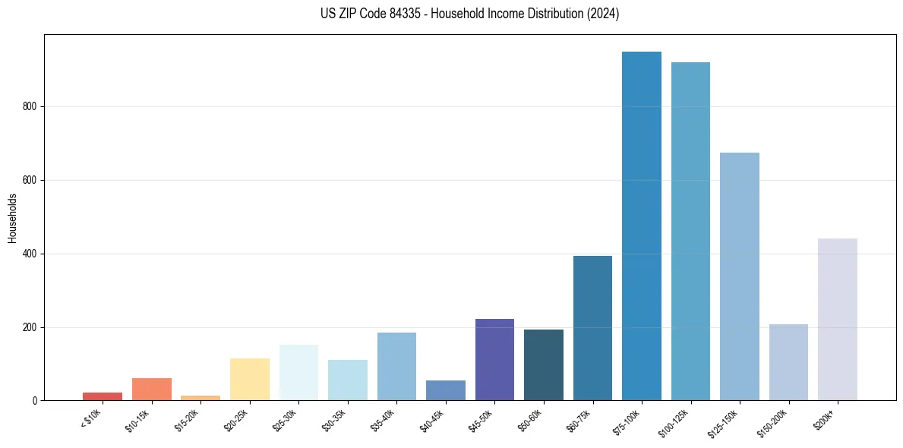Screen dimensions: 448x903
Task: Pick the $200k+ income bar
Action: [837, 320]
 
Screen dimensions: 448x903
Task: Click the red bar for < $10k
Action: [103, 396]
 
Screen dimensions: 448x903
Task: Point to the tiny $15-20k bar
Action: [200, 398]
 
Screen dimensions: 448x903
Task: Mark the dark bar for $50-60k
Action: [544, 365]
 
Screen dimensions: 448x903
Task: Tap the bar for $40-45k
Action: [446, 390]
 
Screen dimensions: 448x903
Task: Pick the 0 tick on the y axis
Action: [36, 401]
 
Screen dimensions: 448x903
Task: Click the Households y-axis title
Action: [12, 218]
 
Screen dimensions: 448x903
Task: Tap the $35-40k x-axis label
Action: [384, 420]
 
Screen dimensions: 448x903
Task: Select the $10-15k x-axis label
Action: [138, 420]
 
